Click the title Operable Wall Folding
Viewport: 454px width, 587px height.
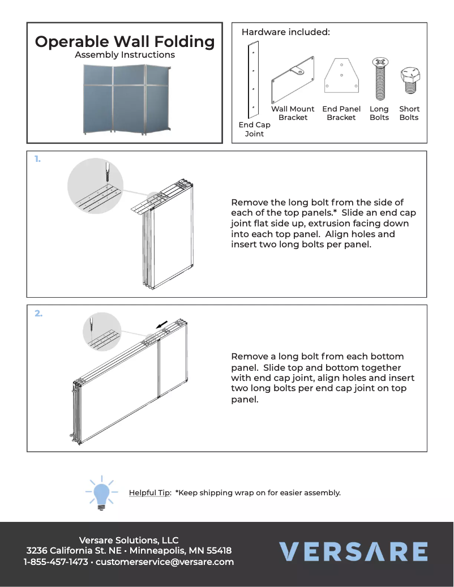tap(125, 42)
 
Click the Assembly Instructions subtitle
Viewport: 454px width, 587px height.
tap(125, 55)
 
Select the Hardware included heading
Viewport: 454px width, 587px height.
tap(285, 32)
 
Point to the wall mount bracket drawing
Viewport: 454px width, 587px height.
tap(293, 79)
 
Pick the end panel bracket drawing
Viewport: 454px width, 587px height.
tap(341, 76)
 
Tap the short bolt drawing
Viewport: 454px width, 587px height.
tap(409, 82)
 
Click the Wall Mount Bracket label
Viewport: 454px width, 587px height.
tap(293, 113)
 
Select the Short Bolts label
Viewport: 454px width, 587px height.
tap(409, 113)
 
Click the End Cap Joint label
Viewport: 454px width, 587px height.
tap(254, 130)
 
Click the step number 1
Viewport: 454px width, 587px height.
tap(37, 160)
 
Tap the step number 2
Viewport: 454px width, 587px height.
tap(38, 313)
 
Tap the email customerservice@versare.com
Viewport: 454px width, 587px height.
tap(165, 562)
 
